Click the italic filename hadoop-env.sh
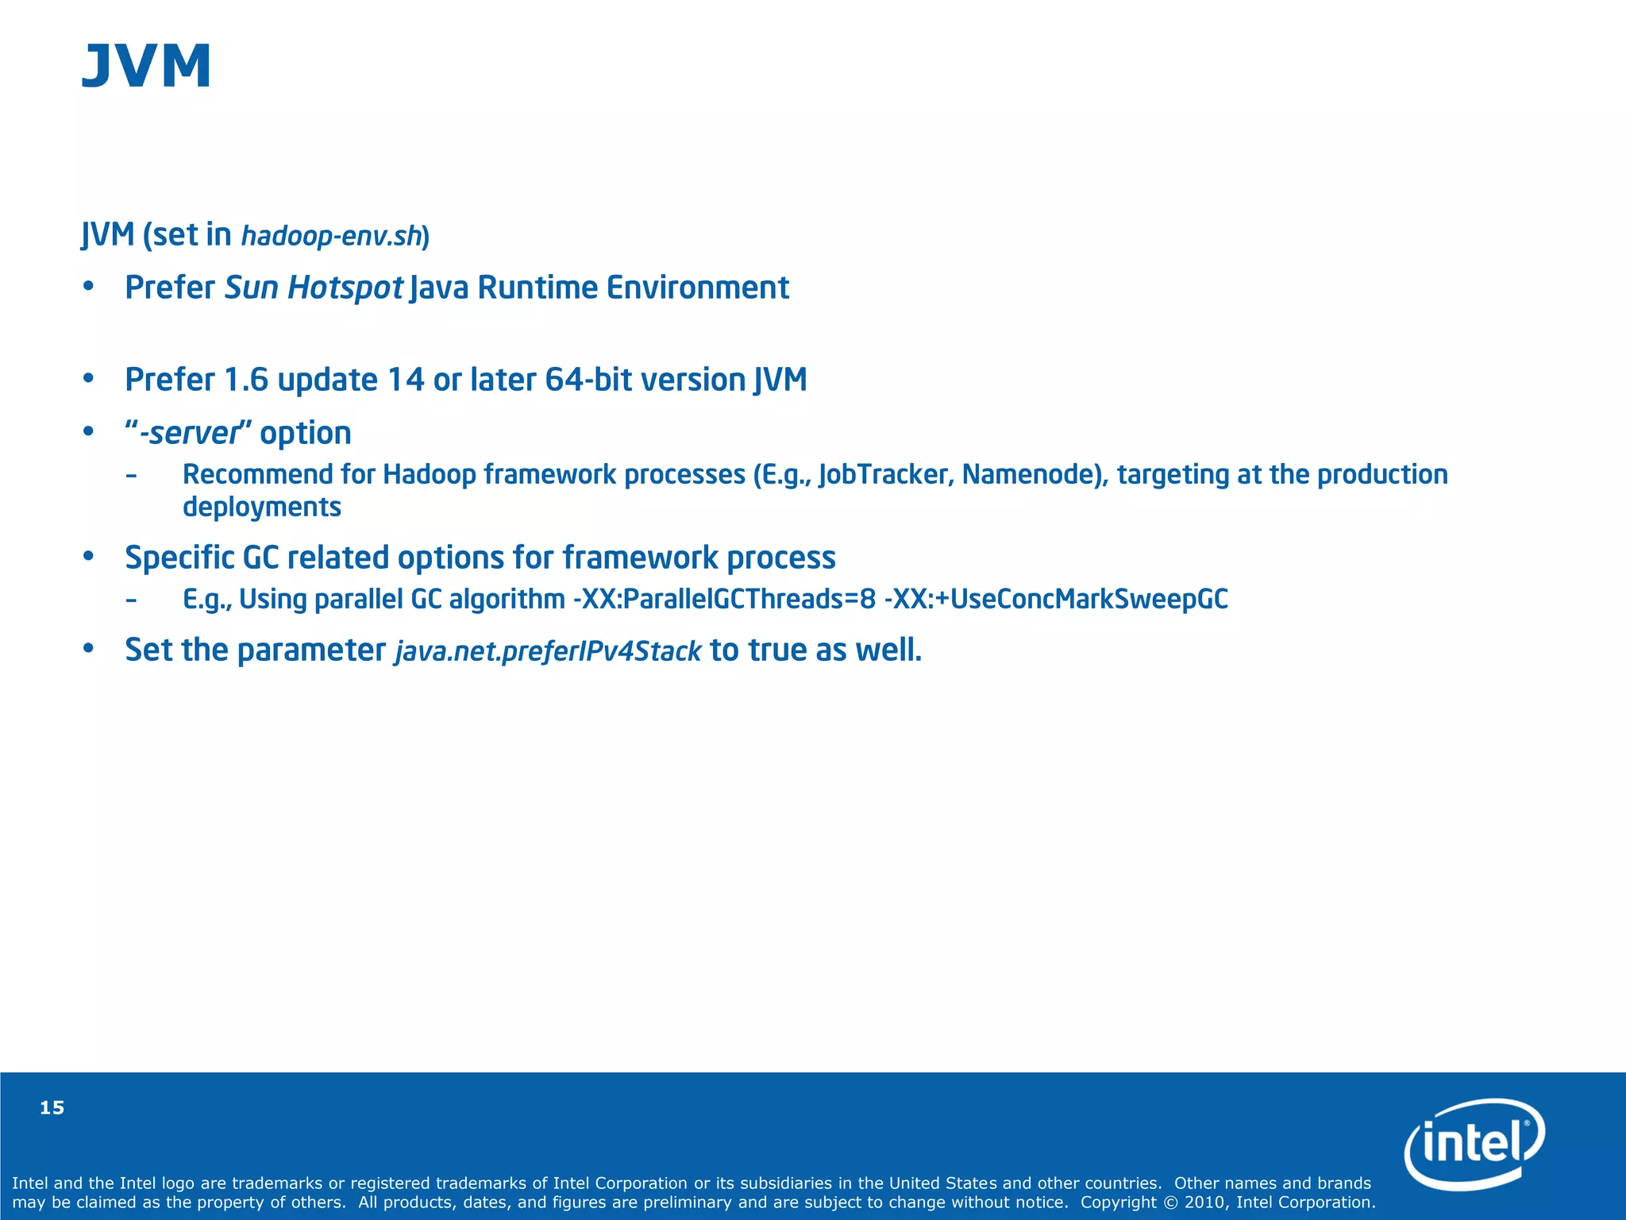pyautogui.click(x=332, y=237)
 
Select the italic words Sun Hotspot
pyautogui.click(x=314, y=288)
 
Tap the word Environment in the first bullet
pyautogui.click(x=697, y=288)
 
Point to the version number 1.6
pyautogui.click(x=245, y=380)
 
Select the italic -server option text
pyautogui.click(x=189, y=434)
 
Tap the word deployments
pyautogui.click(x=262, y=508)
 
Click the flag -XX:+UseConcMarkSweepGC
pyautogui.click(x=1056, y=599)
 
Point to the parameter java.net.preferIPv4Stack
pyautogui.click(x=548, y=651)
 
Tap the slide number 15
pyautogui.click(x=52, y=1108)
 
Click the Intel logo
pyautogui.click(x=1474, y=1144)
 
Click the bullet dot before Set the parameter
pyautogui.click(x=89, y=650)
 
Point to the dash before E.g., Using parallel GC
pyautogui.click(x=131, y=600)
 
